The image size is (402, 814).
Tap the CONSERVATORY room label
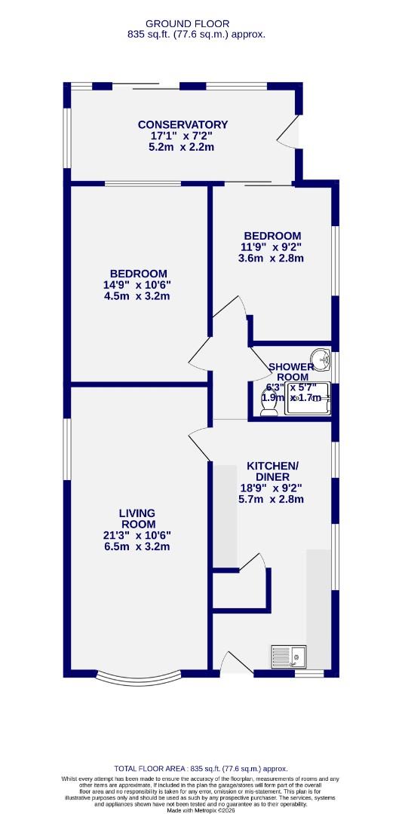tap(183, 124)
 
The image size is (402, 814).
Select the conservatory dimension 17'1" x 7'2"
tap(183, 136)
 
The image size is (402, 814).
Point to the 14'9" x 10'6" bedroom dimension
tap(138, 284)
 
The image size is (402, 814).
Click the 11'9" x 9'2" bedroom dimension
tap(271, 246)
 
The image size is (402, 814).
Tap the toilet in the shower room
tap(268, 405)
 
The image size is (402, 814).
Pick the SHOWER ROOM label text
tap(291, 372)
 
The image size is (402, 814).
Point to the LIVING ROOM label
tap(137, 519)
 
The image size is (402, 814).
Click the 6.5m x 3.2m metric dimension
tap(137, 546)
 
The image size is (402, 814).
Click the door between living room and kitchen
tap(201, 443)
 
